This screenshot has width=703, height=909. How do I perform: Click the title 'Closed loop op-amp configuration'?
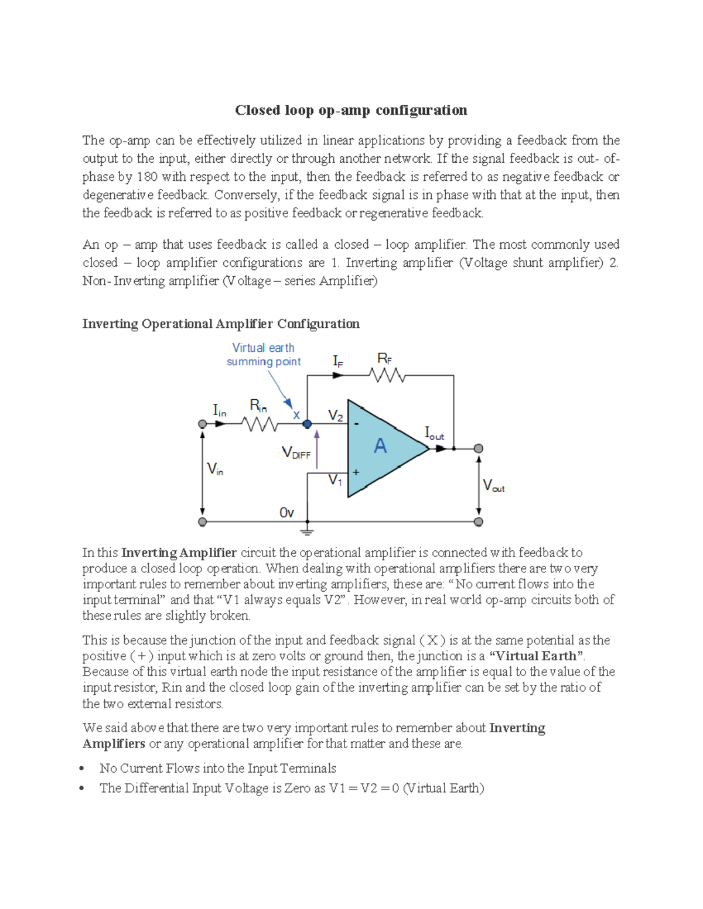click(x=351, y=110)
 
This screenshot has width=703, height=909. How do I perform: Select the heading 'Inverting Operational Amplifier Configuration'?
click(x=221, y=324)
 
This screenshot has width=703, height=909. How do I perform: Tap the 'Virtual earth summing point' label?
click(x=264, y=355)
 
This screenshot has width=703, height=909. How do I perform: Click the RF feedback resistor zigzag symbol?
click(x=387, y=375)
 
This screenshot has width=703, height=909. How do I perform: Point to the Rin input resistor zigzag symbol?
click(x=260, y=424)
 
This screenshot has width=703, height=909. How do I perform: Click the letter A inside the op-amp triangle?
click(x=380, y=447)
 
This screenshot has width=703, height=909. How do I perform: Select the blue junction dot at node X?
click(x=307, y=424)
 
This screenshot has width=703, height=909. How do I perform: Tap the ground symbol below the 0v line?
click(x=307, y=531)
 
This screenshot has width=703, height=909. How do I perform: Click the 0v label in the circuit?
click(x=286, y=513)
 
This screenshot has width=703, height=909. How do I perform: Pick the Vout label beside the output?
click(x=493, y=486)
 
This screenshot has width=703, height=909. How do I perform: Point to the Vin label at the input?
click(x=215, y=469)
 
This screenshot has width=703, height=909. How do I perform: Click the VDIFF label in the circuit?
click(x=296, y=453)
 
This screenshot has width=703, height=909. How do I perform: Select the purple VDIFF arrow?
click(x=317, y=450)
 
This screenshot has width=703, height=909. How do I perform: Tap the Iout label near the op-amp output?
click(x=434, y=433)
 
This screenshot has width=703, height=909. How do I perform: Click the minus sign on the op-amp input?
click(x=357, y=423)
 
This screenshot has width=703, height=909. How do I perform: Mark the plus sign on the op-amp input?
click(x=356, y=472)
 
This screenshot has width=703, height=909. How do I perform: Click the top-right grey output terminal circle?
click(x=479, y=448)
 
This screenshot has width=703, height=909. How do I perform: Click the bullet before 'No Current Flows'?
click(x=83, y=769)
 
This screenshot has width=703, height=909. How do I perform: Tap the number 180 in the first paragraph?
click(x=147, y=177)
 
